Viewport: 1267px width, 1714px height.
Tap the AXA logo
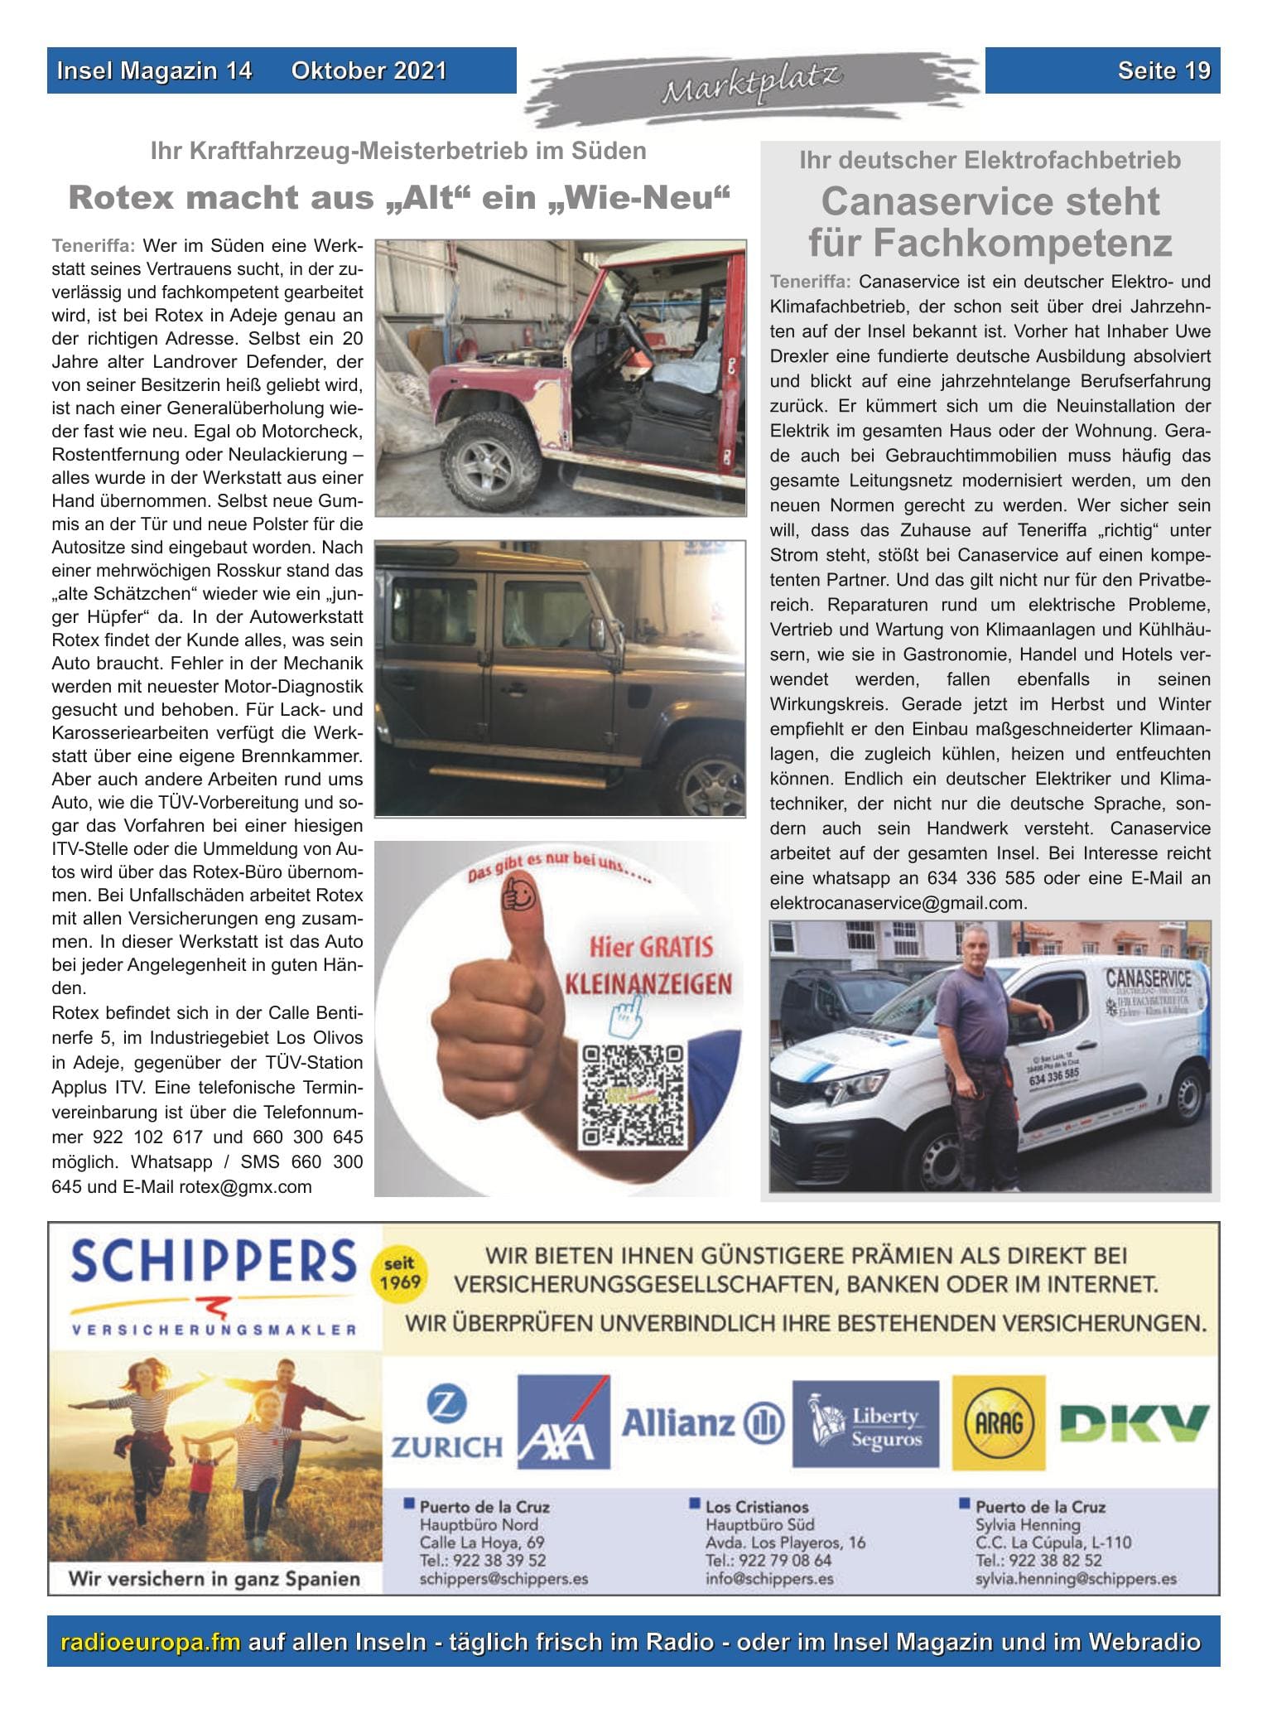(563, 1422)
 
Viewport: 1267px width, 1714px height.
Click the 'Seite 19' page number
(1163, 71)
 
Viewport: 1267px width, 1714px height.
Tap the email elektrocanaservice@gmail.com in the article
(898, 903)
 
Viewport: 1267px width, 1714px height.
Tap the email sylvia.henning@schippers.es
(1076, 1579)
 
